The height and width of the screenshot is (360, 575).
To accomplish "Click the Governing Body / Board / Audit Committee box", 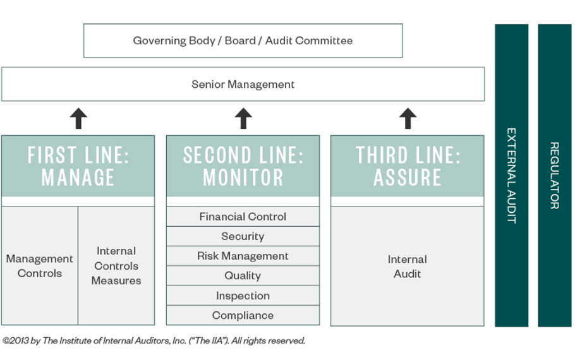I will [243, 40].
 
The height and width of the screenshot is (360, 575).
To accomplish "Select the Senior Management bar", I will [243, 84].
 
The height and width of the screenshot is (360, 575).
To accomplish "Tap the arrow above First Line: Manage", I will [78, 118].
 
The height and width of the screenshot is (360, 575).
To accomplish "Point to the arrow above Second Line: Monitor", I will [243, 118].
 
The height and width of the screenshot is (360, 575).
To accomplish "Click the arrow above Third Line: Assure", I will [408, 118].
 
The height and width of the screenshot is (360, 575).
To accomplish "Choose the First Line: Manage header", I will [78, 166].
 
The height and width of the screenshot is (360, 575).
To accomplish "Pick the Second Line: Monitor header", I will [243, 166].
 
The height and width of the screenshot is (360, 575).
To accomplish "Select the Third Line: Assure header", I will [408, 166].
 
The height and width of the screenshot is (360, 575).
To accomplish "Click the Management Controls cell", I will [39, 266].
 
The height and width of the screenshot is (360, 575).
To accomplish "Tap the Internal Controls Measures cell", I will [116, 266].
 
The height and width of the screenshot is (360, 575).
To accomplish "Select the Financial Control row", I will [243, 217].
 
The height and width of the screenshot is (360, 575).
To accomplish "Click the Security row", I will [243, 236].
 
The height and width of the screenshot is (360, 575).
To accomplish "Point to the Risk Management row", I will [243, 256].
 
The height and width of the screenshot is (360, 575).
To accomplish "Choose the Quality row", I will [243, 276].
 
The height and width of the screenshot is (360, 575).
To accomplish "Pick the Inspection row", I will [243, 296].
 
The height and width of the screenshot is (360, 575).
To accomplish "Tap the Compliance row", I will [243, 315].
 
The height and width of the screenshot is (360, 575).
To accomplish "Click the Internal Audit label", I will [408, 267].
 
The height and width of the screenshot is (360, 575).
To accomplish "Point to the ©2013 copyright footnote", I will [154, 340].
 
